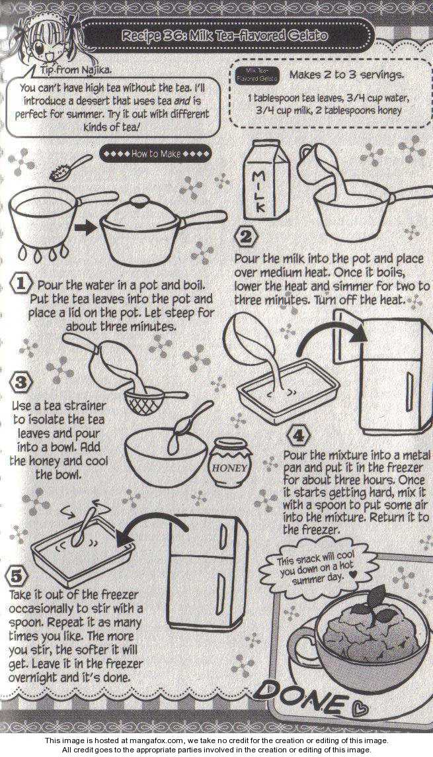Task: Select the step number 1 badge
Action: tap(21, 284)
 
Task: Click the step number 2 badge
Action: tap(246, 238)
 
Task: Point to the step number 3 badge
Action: tap(20, 384)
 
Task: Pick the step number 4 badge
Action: tap(298, 437)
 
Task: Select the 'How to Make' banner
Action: tap(156, 154)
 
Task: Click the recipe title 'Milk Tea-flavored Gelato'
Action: tap(225, 36)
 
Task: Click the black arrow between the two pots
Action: tap(86, 228)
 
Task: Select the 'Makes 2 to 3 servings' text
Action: tap(346, 75)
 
